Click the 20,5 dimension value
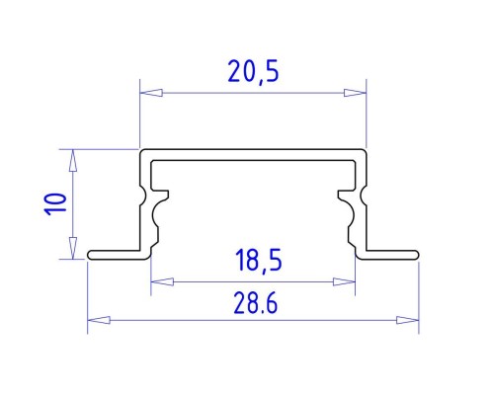pyautogui.click(x=253, y=72)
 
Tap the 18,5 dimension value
pyautogui.click(x=259, y=261)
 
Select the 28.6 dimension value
pyautogui.click(x=256, y=303)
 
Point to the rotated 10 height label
pyautogui.click(x=55, y=204)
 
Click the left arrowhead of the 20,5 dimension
pyautogui.click(x=151, y=93)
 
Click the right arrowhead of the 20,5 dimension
pyautogui.click(x=355, y=93)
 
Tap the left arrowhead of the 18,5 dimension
pyautogui.click(x=162, y=281)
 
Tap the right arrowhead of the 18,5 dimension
pyautogui.click(x=344, y=281)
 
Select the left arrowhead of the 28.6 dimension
pyautogui.click(x=99, y=320)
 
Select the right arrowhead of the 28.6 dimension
pyautogui.click(x=407, y=320)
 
